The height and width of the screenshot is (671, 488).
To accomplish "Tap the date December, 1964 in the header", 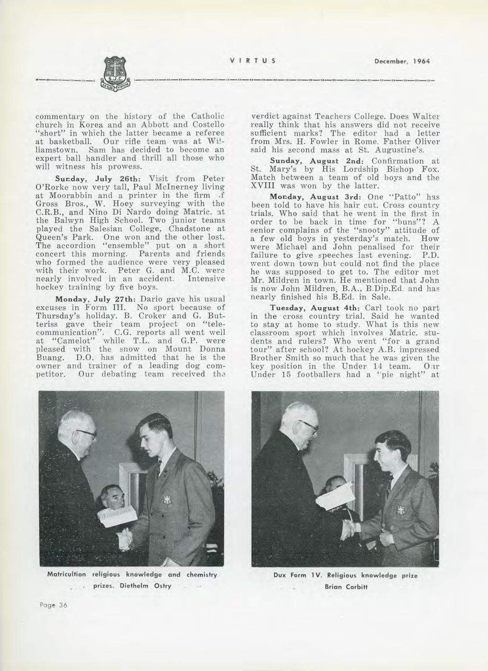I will [x=401, y=61].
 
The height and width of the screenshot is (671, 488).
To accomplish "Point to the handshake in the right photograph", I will [x=348, y=528].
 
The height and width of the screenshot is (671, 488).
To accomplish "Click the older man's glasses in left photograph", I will [x=87, y=432].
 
